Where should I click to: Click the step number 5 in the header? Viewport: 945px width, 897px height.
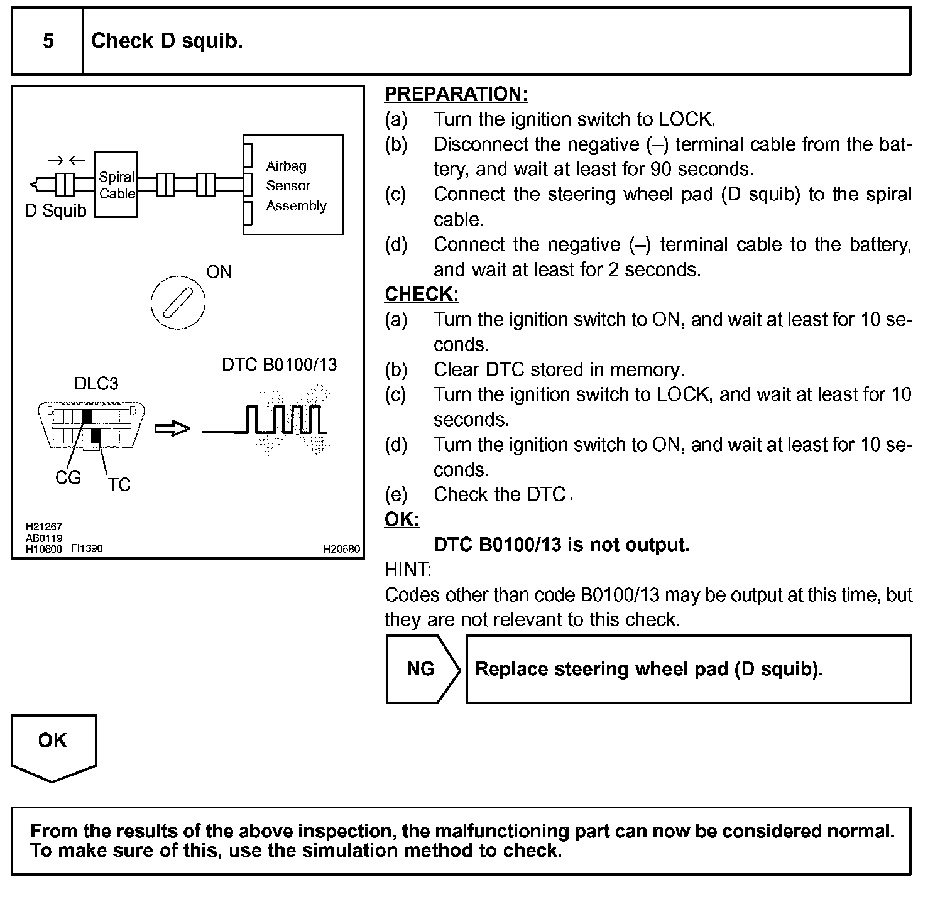[x=48, y=41]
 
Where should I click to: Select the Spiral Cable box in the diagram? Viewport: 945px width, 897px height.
[x=116, y=185]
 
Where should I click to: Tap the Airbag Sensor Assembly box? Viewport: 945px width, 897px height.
[x=293, y=185]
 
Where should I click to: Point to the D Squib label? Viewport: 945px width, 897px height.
[x=55, y=211]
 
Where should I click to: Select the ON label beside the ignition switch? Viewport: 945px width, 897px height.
[x=219, y=272]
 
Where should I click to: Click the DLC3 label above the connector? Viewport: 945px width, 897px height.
[x=96, y=384]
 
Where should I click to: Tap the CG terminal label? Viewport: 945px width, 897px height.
[x=68, y=478]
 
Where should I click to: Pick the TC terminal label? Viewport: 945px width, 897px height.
[x=119, y=485]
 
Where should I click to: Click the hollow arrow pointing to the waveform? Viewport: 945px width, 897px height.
[x=172, y=428]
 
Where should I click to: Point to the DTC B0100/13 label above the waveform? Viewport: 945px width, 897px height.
[x=280, y=365]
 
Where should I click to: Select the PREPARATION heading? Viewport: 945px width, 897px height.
[x=456, y=94]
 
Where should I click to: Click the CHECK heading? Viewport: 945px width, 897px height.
[x=422, y=295]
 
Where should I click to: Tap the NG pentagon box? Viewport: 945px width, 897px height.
[x=422, y=669]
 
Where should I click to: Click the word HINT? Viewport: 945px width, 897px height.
[x=408, y=570]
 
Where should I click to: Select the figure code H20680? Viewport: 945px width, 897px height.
[x=342, y=549]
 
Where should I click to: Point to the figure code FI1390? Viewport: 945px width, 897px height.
[x=87, y=548]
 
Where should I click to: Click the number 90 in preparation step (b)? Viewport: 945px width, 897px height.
[x=662, y=169]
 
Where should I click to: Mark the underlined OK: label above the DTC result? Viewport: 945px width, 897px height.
[x=401, y=520]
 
